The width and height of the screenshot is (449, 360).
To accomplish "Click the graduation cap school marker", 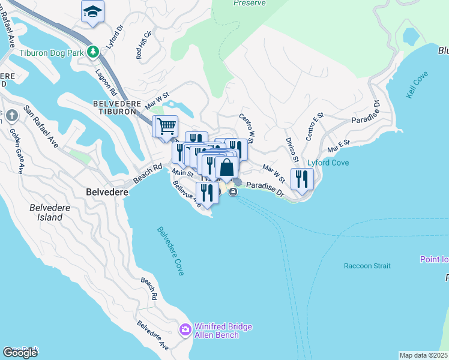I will pyautogui.click(x=92, y=12).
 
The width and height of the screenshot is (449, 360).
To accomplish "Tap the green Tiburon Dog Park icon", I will pyautogui.click(x=92, y=52).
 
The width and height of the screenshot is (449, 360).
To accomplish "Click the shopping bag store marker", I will pyautogui.click(x=226, y=167).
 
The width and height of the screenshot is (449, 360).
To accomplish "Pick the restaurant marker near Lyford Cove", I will pyautogui.click(x=302, y=179).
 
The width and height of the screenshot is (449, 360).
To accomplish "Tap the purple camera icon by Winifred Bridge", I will pyautogui.click(x=185, y=330).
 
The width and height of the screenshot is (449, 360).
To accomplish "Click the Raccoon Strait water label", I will pyautogui.click(x=367, y=266).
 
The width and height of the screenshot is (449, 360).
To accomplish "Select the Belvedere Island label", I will pyautogui.click(x=46, y=212).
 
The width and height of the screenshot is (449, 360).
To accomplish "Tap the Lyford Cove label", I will pyautogui.click(x=328, y=163).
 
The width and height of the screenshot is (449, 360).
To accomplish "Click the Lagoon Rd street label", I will pyautogui.click(x=106, y=82).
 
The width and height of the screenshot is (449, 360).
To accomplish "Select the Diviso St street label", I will pyautogui.click(x=292, y=149).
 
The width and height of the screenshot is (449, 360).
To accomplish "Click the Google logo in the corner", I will pyautogui.click(x=20, y=353).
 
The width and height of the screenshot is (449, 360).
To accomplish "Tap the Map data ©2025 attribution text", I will pyautogui.click(x=423, y=355).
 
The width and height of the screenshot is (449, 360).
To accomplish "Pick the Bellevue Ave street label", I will pyautogui.click(x=187, y=196).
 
